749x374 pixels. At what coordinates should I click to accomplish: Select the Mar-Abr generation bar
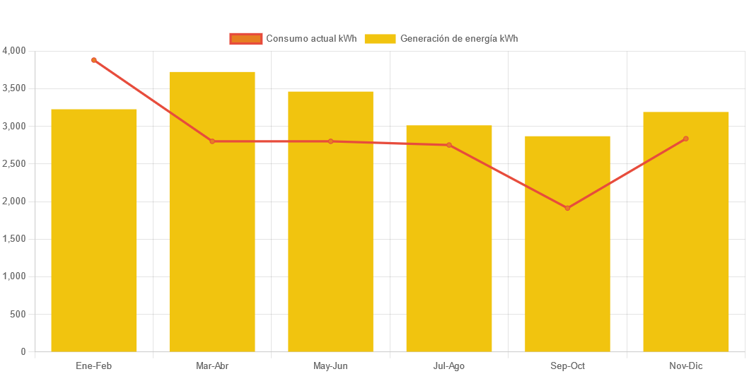[212, 211]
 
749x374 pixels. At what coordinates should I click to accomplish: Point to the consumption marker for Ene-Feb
[93, 60]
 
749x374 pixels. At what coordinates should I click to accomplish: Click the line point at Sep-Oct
[567, 208]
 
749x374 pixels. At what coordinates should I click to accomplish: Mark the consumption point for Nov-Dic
[686, 139]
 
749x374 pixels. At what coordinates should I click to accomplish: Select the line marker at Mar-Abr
[212, 141]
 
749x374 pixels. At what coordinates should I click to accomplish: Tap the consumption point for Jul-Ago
[449, 145]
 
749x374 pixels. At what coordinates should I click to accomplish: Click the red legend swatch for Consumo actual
[245, 39]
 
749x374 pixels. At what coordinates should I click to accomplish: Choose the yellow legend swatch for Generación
[380, 39]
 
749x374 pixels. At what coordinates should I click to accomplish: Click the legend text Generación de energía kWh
[459, 39]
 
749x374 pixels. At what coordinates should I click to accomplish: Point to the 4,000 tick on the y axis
[14, 51]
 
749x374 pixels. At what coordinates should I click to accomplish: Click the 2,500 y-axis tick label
[14, 163]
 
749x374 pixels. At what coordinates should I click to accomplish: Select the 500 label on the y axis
[18, 314]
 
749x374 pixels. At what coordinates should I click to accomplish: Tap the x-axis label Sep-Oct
[567, 366]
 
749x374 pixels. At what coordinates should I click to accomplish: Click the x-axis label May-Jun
[330, 366]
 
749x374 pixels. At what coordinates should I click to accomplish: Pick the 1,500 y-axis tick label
[14, 239]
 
